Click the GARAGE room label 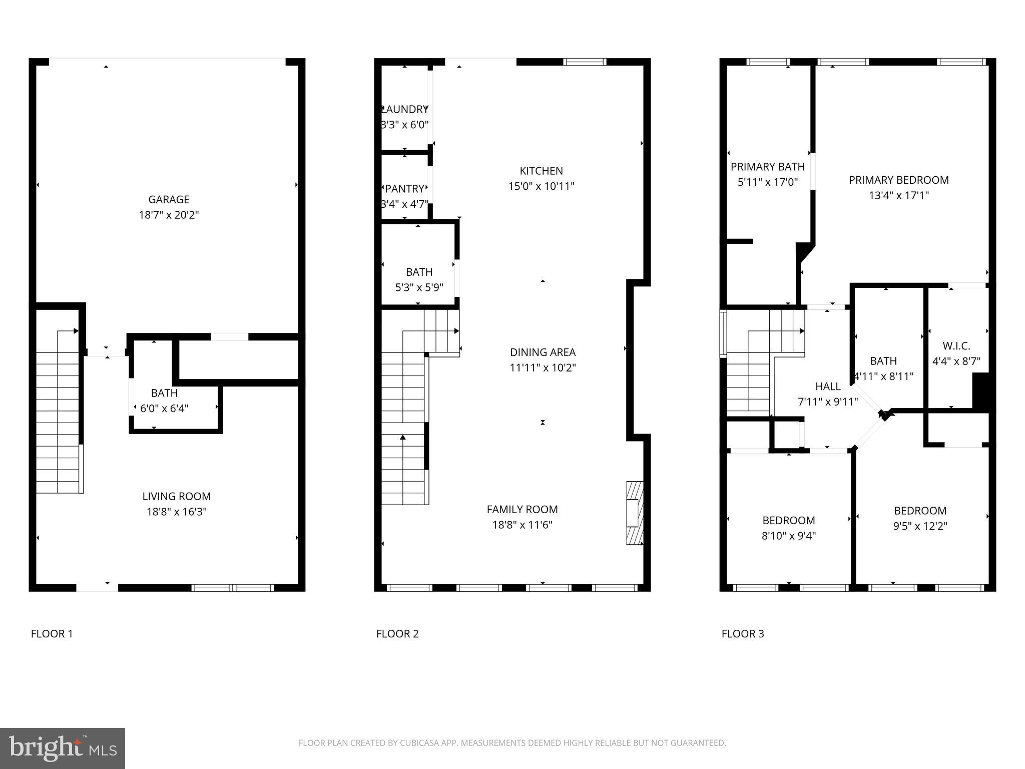pyautogui.click(x=169, y=199)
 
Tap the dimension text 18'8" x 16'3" pyautogui.click(x=176, y=512)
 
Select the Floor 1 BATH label pyautogui.click(x=164, y=393)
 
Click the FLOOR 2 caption pyautogui.click(x=397, y=634)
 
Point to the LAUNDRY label pyautogui.click(x=405, y=109)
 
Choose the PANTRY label pyautogui.click(x=404, y=189)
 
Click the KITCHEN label pyautogui.click(x=541, y=171)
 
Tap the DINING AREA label pyautogui.click(x=543, y=352)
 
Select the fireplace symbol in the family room pyautogui.click(x=634, y=513)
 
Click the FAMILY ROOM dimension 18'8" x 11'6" pyautogui.click(x=522, y=525)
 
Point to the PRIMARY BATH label pyautogui.click(x=767, y=167)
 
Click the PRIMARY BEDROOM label pyautogui.click(x=898, y=180)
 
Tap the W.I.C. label pyautogui.click(x=956, y=346)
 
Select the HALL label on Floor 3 pyautogui.click(x=828, y=387)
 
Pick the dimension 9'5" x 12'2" pyautogui.click(x=920, y=526)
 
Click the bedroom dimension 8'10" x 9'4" pyautogui.click(x=788, y=536)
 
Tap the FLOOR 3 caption pyautogui.click(x=742, y=634)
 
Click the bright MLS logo pyautogui.click(x=63, y=748)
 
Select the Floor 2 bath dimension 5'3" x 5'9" pyautogui.click(x=419, y=287)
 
